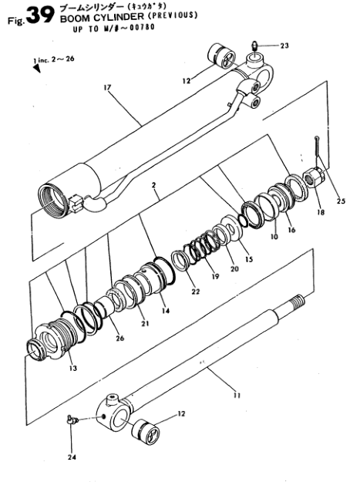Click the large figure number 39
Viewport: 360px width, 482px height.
(40, 15)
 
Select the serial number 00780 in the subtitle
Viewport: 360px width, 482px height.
(142, 28)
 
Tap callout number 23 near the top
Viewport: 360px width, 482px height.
(284, 46)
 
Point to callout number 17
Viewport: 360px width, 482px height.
(107, 88)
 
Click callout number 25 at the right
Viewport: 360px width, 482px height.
(341, 201)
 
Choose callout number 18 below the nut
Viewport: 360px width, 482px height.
(321, 212)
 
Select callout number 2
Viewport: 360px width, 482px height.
(153, 185)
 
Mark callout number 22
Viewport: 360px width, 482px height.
(196, 292)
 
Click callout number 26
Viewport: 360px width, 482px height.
(119, 338)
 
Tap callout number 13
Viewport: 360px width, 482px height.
(72, 369)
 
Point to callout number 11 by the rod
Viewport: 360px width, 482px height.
(237, 396)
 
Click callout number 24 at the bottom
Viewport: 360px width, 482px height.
(72, 457)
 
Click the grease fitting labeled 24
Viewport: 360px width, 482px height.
(72, 420)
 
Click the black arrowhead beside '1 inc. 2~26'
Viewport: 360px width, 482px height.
(37, 69)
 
